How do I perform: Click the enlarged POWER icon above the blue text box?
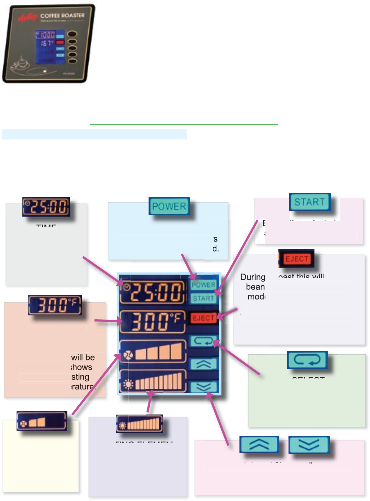tap(169, 207)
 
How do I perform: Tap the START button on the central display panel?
tap(203, 298)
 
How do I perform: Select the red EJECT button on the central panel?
tap(204, 318)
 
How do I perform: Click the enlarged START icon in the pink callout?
tap(309, 202)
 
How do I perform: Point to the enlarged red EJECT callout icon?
tap(296, 259)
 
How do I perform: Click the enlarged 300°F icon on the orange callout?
tap(55, 305)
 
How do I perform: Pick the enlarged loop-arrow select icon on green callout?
tap(307, 360)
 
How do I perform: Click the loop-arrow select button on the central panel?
tap(204, 341)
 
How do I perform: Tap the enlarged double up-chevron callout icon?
tap(259, 444)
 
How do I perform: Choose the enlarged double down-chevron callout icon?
tap(309, 444)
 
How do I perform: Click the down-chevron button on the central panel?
tap(204, 387)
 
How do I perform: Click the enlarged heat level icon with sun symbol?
tap(139, 424)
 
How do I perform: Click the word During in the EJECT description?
tap(253, 277)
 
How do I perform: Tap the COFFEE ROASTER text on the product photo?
tap(62, 16)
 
